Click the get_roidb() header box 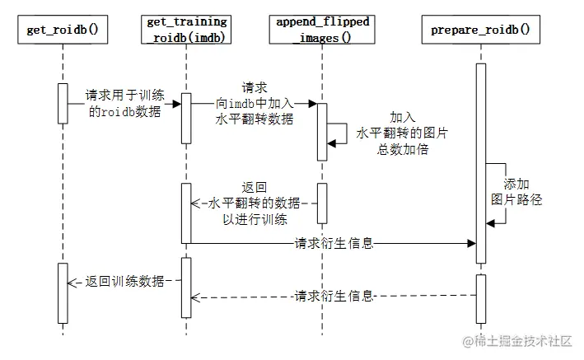[62, 32]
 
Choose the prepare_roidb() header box [480, 32]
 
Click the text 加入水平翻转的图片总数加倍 [391, 133]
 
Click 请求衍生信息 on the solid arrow [334, 243]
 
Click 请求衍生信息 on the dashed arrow [334, 295]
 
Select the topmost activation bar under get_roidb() [62, 103]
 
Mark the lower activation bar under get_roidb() [62, 292]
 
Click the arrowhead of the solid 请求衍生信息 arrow [472, 243]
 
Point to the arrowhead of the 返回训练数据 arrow [72, 281]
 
